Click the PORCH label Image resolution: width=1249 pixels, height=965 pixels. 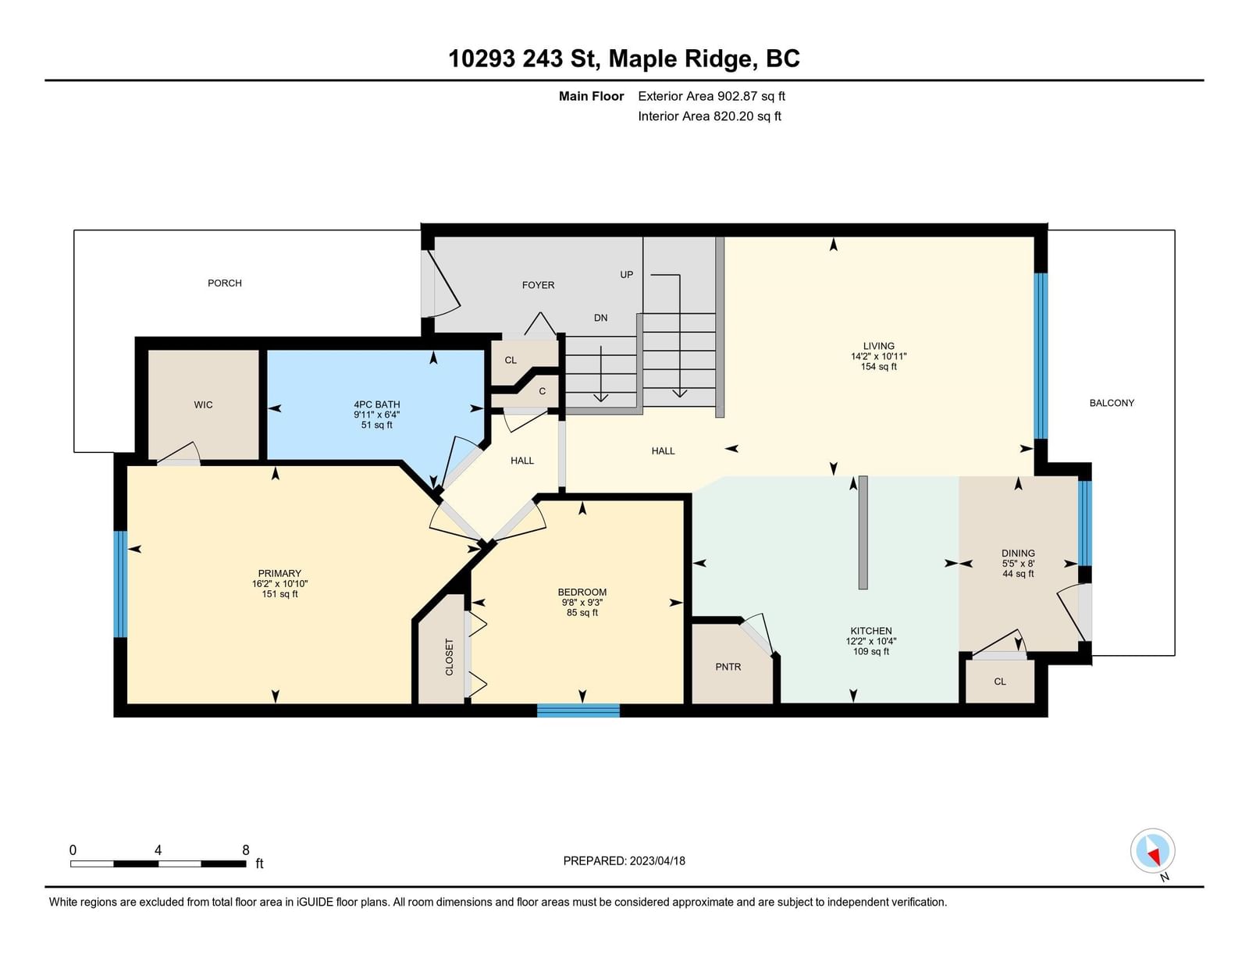click(225, 283)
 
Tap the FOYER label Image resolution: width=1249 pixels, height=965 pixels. click(538, 285)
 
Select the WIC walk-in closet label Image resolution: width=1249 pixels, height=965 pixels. click(203, 404)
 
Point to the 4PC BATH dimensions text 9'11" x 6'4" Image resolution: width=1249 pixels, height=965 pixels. click(376, 415)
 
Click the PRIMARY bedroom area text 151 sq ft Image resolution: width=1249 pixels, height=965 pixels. click(280, 593)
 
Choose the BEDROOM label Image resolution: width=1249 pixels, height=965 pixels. click(582, 592)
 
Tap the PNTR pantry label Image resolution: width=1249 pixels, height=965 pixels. click(728, 667)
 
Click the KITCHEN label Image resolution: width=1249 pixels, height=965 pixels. click(871, 631)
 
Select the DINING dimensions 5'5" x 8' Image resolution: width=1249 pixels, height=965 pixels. click(1018, 563)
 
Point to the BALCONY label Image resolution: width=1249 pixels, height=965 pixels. click(1112, 403)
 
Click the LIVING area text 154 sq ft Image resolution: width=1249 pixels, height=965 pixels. click(879, 367)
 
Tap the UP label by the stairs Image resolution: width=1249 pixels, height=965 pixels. click(627, 275)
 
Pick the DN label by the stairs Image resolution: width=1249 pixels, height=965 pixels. click(600, 318)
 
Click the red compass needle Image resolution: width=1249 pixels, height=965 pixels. click(1155, 857)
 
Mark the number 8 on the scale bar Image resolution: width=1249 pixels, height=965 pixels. click(245, 850)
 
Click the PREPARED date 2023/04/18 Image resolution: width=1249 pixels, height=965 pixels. click(657, 861)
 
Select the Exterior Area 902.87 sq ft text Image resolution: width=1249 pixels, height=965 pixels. click(712, 96)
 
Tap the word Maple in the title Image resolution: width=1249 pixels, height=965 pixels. click(646, 59)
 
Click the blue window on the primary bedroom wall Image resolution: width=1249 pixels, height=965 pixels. click(120, 584)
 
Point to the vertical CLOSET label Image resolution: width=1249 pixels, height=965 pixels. click(450, 657)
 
